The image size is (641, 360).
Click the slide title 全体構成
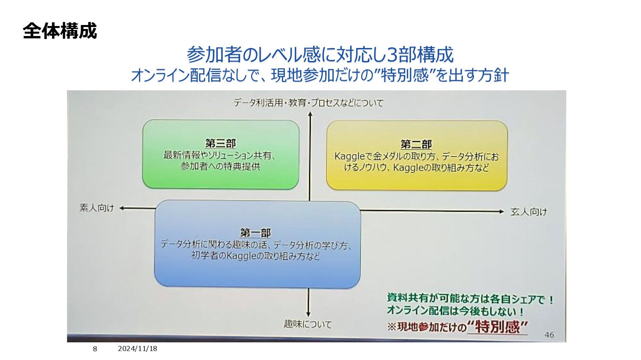(60, 31)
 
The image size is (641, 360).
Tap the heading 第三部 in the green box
(220, 143)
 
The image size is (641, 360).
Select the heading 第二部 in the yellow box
(416, 144)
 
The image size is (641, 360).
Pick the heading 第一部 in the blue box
(255, 233)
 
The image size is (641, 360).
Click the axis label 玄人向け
(528, 212)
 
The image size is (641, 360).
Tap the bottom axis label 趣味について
(307, 324)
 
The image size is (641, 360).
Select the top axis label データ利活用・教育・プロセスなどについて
(308, 103)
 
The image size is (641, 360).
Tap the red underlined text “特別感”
(497, 327)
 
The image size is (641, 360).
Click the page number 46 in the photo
(549, 335)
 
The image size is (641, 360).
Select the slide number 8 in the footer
(95, 349)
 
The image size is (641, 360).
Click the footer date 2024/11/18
(138, 349)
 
